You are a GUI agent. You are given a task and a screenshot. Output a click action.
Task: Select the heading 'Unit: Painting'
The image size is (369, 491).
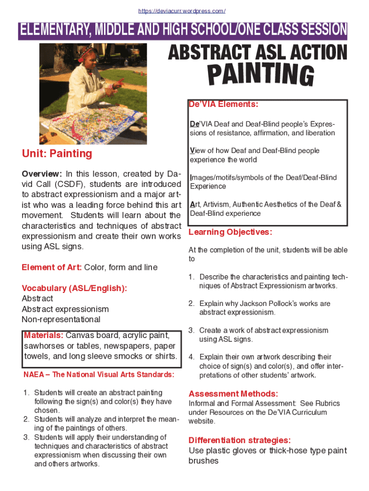point(57,153)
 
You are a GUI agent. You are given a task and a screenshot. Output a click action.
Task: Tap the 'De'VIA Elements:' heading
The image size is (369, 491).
point(223,104)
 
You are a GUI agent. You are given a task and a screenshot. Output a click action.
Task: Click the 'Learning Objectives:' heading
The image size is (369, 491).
point(231,232)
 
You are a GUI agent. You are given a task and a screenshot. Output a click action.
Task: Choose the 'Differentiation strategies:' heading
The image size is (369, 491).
point(239,440)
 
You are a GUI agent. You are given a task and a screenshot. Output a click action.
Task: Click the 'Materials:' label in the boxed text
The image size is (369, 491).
point(44,335)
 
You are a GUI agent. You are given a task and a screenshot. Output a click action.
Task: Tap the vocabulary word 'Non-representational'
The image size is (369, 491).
point(61,319)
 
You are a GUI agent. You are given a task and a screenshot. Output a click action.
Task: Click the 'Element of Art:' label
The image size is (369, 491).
point(52,267)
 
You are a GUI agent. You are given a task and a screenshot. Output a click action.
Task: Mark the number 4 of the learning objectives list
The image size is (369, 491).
point(191,357)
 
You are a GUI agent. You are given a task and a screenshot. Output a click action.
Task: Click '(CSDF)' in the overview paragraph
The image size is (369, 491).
point(70,184)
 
